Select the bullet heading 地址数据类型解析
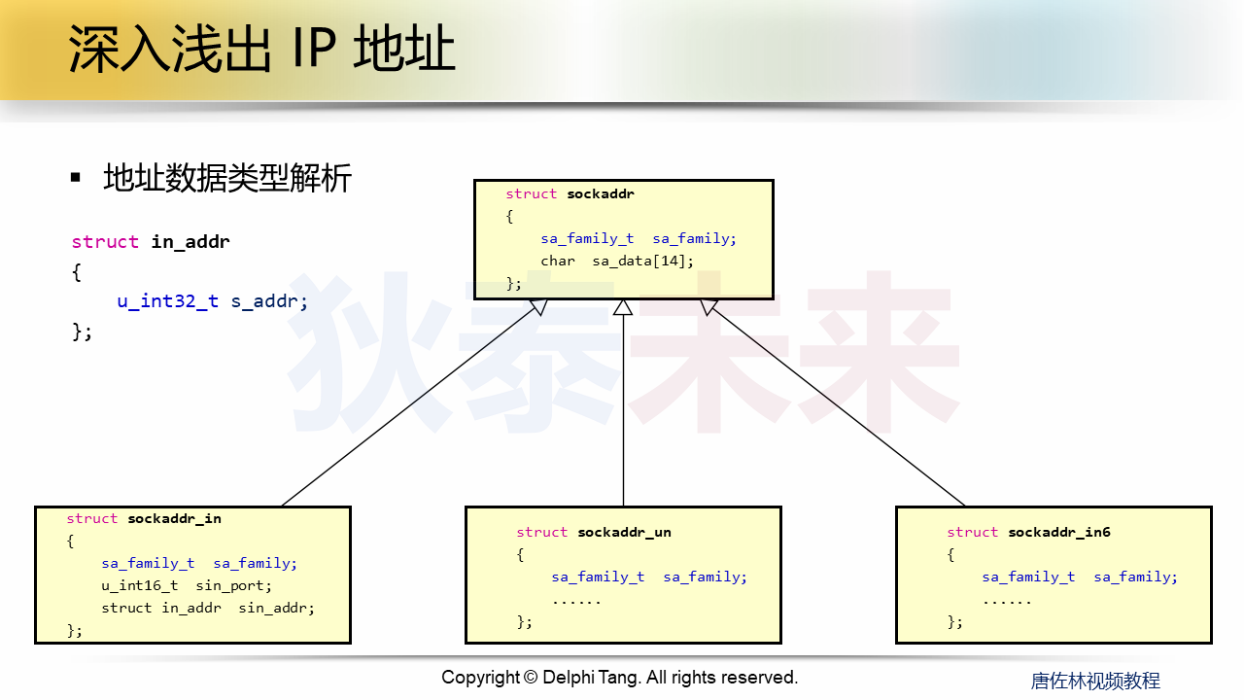click(x=226, y=179)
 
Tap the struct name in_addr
click(x=190, y=242)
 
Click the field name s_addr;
click(x=269, y=301)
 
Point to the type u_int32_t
click(x=168, y=301)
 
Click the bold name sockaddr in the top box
click(x=601, y=194)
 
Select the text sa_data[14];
click(x=643, y=261)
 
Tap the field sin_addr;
click(x=277, y=608)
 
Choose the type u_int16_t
click(x=140, y=585)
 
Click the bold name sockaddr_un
click(x=624, y=533)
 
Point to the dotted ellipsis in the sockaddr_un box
click(x=576, y=600)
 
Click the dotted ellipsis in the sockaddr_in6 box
click(x=1007, y=600)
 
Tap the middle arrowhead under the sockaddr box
click(x=623, y=307)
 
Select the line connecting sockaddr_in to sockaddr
click(x=408, y=406)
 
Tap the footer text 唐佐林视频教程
click(x=1095, y=681)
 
